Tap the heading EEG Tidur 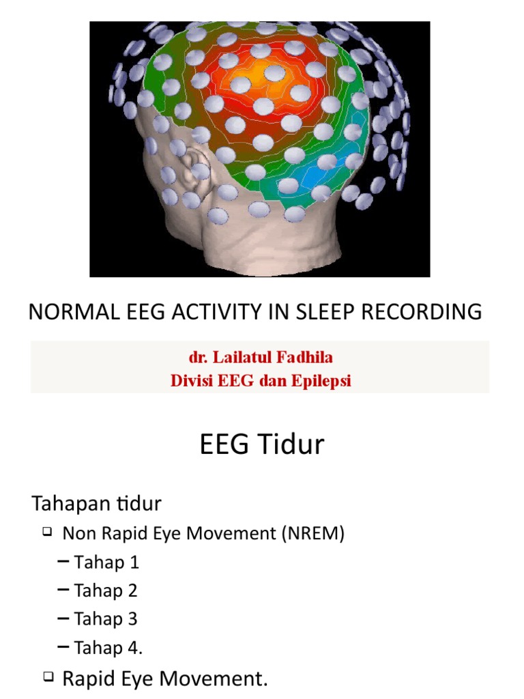[262, 445]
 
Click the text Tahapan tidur [96, 504]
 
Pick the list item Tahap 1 [106, 562]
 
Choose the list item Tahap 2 [106, 590]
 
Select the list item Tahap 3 [106, 619]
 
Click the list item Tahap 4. [108, 648]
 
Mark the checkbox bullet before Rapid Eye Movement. [48, 677]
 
